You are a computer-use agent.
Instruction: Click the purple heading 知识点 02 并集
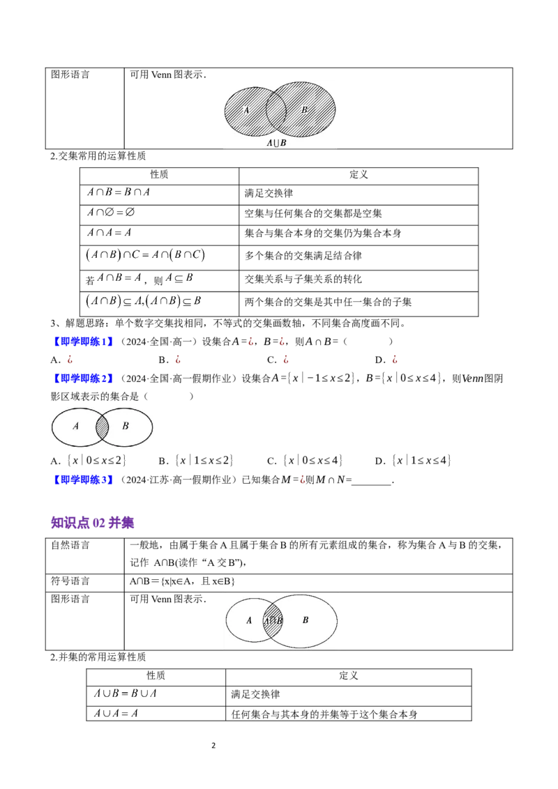pyautogui.click(x=92, y=523)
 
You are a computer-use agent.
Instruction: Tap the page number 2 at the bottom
pyautogui.click(x=213, y=745)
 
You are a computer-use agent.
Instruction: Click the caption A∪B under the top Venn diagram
pyautogui.click(x=276, y=143)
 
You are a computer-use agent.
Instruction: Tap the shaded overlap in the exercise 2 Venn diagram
pyautogui.click(x=103, y=427)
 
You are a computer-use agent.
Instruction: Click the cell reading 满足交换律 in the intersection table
pyautogui.click(x=269, y=193)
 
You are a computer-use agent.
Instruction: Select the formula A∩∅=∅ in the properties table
pyautogui.click(x=111, y=213)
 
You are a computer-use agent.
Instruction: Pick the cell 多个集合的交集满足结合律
pyautogui.click(x=303, y=256)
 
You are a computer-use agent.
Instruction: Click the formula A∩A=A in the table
pyautogui.click(x=110, y=233)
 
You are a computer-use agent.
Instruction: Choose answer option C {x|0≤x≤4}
pyautogui.click(x=305, y=461)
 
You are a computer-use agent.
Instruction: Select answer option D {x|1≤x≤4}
pyautogui.click(x=413, y=461)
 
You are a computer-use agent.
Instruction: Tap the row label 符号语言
pyautogui.click(x=70, y=581)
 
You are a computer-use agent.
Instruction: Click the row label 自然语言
pyautogui.click(x=70, y=544)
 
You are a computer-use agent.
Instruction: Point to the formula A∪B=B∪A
pyautogui.click(x=125, y=694)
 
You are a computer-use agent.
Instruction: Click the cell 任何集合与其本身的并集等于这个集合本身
pyautogui.click(x=324, y=714)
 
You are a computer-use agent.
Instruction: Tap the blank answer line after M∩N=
pyautogui.click(x=372, y=484)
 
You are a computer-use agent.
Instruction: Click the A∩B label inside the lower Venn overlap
pyautogui.click(x=273, y=620)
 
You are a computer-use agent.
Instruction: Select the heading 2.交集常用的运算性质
pyautogui.click(x=98, y=156)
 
